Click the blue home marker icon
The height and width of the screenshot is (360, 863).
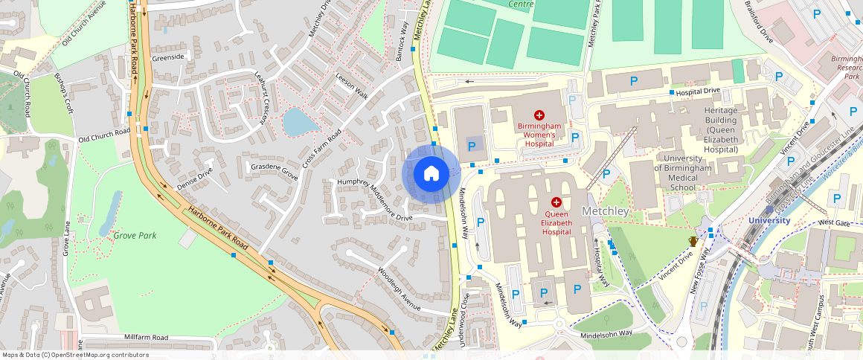(x=430, y=174)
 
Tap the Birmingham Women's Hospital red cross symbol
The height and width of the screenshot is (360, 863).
(x=539, y=115)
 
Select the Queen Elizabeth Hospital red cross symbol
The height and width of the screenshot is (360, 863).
(x=556, y=202)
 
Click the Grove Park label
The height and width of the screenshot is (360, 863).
(x=135, y=236)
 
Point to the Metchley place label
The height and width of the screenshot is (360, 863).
(x=606, y=211)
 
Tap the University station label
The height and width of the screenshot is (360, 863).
(x=769, y=220)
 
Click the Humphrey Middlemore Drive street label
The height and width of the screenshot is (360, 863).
(x=374, y=200)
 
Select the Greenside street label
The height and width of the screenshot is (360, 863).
(x=167, y=57)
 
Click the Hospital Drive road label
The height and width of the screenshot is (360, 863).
(x=698, y=91)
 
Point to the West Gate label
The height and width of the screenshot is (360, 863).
(x=833, y=222)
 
